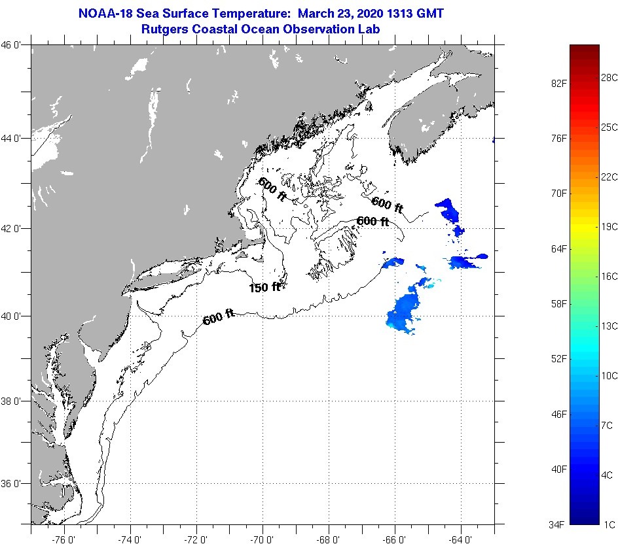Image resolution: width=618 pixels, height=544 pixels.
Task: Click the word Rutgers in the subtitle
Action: click(164, 29)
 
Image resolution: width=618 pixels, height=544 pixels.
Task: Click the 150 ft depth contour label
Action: click(264, 287)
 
